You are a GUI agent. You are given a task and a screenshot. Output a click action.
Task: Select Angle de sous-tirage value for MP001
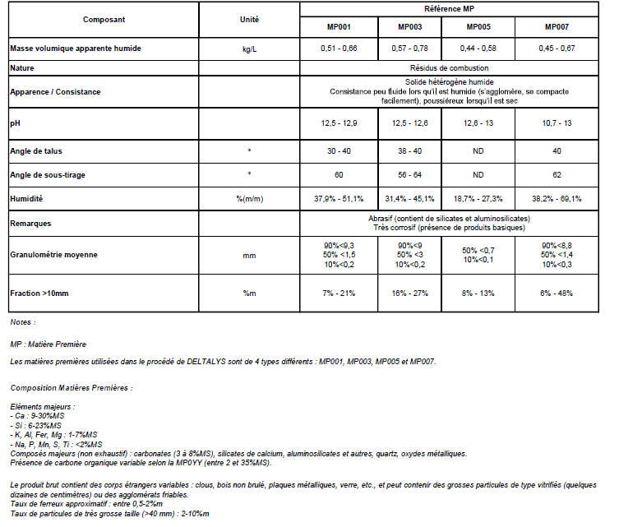pyautogui.click(x=339, y=175)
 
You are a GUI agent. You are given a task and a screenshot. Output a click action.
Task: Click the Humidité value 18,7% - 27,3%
pyautogui.click(x=478, y=199)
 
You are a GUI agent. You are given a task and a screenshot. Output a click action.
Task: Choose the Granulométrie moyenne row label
pyautogui.click(x=53, y=255)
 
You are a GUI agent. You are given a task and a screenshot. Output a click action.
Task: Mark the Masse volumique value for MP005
pyautogui.click(x=478, y=49)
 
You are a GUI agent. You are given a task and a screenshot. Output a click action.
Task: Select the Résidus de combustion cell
pyautogui.click(x=449, y=67)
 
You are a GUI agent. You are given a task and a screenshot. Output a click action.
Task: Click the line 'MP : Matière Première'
pyautogui.click(x=48, y=344)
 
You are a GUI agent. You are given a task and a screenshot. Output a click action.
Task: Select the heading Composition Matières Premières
pyautogui.click(x=71, y=386)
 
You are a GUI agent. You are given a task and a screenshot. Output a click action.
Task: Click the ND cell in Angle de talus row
pyautogui.click(x=478, y=151)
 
